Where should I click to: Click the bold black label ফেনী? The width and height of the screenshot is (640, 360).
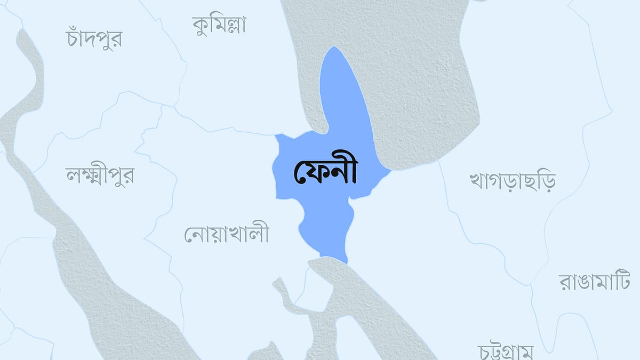coord(325,172)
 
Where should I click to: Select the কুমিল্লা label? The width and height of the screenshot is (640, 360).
coord(219,25)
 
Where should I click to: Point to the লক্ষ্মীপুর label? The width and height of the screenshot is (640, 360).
coord(100,174)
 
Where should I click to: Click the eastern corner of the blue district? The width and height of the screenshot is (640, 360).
coord(391,171)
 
